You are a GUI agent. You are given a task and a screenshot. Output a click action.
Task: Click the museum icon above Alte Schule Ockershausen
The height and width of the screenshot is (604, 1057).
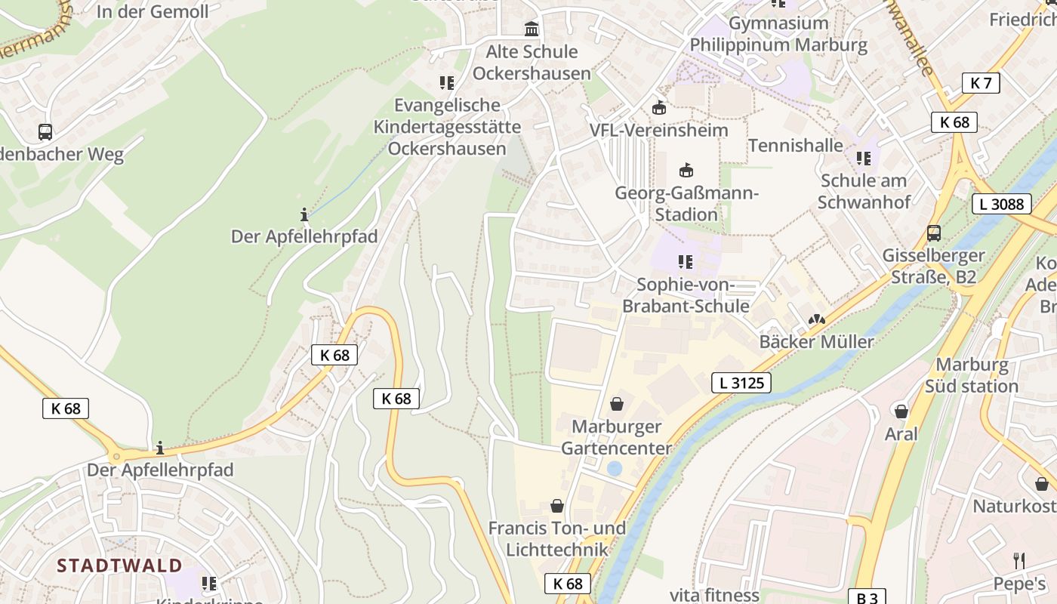(532, 29)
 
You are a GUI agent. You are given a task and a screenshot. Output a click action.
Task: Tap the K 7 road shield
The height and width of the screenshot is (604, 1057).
(981, 83)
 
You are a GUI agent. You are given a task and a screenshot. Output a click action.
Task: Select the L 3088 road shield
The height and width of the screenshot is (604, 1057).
(1001, 204)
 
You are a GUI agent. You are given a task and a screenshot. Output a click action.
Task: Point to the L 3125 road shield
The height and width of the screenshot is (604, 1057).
(741, 383)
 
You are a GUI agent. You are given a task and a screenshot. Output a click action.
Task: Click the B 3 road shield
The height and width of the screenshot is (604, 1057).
(867, 597)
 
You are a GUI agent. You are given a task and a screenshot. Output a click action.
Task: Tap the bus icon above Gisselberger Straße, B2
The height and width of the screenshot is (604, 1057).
(934, 233)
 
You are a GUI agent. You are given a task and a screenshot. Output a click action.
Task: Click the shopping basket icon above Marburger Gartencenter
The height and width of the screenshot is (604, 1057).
(617, 404)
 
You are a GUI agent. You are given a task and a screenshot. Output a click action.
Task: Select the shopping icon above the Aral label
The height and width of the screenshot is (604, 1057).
(901, 411)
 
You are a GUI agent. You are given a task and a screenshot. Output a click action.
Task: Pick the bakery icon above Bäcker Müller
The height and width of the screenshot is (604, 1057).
(816, 319)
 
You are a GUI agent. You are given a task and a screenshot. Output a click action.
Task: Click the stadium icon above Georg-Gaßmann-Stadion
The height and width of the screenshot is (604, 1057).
(686, 170)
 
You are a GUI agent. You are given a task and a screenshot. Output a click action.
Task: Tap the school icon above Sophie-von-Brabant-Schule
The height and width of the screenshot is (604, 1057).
(686, 262)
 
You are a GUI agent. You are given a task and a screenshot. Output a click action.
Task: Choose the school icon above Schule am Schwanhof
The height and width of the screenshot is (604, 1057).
(864, 159)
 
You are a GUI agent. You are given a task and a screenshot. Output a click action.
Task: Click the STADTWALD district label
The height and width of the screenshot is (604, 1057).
(119, 565)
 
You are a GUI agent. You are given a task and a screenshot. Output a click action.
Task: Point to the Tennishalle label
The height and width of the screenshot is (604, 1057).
(795, 145)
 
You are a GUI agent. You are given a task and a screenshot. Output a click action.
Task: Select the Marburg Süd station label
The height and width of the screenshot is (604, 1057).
(972, 375)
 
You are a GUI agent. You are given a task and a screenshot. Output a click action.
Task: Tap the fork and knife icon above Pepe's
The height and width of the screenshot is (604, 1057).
(1019, 560)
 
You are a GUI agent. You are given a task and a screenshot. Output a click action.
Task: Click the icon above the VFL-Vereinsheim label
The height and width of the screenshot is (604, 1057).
(659, 108)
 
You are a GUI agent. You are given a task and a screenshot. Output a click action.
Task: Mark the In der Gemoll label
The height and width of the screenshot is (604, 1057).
(153, 11)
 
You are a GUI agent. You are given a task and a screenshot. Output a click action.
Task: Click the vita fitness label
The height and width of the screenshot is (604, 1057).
(713, 595)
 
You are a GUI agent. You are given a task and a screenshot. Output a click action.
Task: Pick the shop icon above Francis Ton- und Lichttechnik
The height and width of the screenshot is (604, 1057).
(557, 506)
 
